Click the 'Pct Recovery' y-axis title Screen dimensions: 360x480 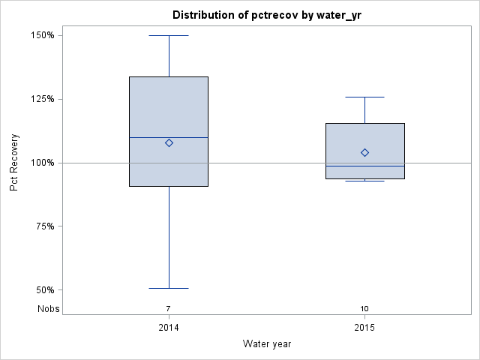[14, 163]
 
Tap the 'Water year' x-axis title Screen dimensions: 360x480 [267, 344]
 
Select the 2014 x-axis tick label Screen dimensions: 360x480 [169, 328]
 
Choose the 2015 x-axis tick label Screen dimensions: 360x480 [364, 328]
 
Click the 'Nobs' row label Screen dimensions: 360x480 [48, 308]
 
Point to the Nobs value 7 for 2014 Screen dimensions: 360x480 [169, 308]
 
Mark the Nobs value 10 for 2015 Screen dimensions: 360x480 [364, 308]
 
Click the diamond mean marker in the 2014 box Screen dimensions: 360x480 [169, 142]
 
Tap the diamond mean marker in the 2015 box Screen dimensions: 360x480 [364, 152]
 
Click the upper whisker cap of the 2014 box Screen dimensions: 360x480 [169, 35]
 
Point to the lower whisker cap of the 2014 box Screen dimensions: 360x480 [169, 288]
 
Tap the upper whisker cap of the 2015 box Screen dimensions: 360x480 [364, 97]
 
